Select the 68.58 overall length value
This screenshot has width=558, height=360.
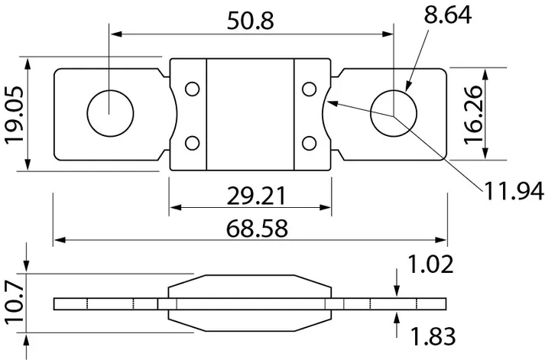point(250,229)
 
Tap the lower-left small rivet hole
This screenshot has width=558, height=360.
point(192,141)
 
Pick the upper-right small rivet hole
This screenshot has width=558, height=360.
point(309,89)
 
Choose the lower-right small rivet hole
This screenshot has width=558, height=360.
point(309,141)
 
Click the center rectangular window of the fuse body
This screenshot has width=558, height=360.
point(250,115)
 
